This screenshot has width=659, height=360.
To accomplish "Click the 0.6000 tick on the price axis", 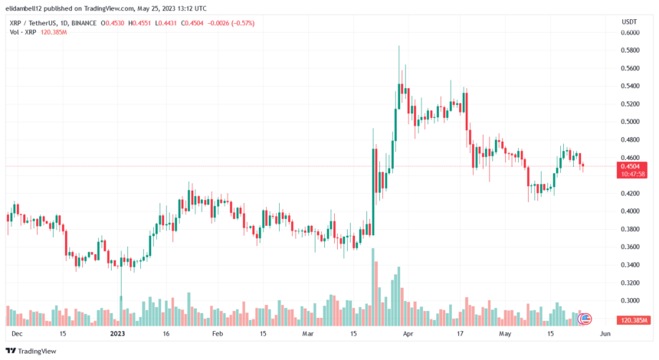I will point(630,32).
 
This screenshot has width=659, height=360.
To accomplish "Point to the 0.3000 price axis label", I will point(630,300).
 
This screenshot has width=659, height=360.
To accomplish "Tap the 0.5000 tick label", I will point(630,121).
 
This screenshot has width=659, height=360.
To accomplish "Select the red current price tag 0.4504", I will point(630,165).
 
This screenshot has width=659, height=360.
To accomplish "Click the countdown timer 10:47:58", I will point(630,174).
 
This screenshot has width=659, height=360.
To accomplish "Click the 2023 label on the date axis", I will point(117,334).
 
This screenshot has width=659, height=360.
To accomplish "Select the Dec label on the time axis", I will point(17,334).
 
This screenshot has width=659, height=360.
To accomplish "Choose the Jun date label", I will point(605,334).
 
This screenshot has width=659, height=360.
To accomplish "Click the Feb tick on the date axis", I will point(217,334).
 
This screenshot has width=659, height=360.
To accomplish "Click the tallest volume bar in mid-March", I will point(373,288).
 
